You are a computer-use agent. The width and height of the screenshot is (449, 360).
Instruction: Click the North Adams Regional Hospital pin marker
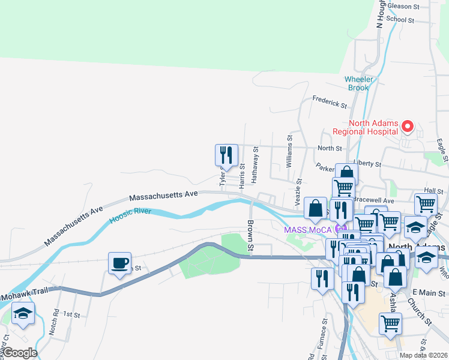pyautogui.click(x=408, y=126)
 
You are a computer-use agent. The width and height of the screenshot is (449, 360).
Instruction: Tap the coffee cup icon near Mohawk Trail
pyautogui.click(x=119, y=263)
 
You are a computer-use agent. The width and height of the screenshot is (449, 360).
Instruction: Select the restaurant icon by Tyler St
pyautogui.click(x=226, y=155)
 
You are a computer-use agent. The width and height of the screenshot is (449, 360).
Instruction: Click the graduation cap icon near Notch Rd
pyautogui.click(x=23, y=313)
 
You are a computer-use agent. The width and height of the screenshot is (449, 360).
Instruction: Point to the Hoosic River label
pyautogui.click(x=131, y=216)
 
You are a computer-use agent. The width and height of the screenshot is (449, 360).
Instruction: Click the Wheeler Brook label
pyautogui.click(x=359, y=83)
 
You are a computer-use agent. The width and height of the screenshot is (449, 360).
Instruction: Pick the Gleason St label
pyautogui.click(x=403, y=7)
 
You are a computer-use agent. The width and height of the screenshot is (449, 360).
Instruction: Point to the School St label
pyautogui.click(x=400, y=20)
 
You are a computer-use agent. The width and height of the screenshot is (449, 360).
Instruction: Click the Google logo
pyautogui.click(x=19, y=353)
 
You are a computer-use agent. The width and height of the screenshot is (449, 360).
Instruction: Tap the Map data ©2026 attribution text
pyautogui.click(x=424, y=355)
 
